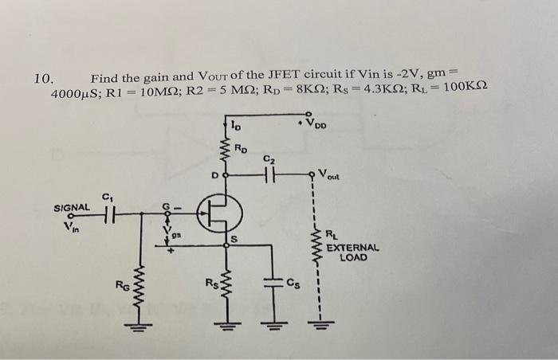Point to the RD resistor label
click(x=242, y=148)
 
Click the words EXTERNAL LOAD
click(x=352, y=252)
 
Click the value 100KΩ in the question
click(x=466, y=95)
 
